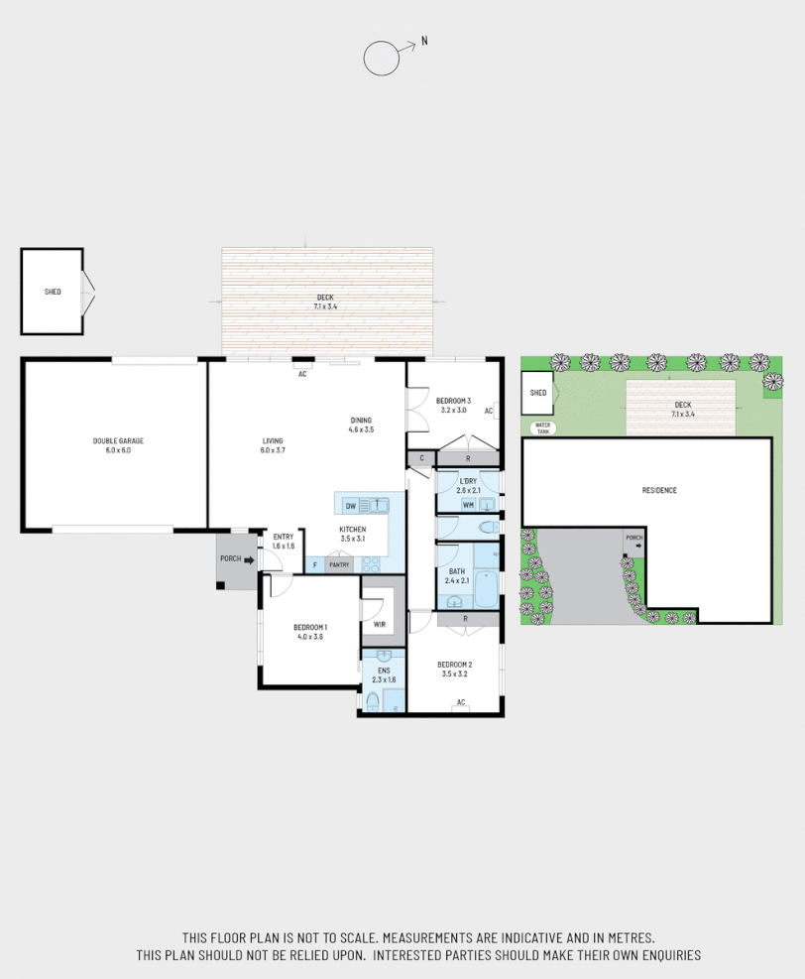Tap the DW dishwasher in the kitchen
[351, 506]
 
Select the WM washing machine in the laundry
[468, 505]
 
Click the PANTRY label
[340, 565]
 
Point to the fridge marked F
[315, 565]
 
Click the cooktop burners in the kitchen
[372, 564]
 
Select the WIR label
[379, 624]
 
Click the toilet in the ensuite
[373, 702]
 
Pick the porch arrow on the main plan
[249, 560]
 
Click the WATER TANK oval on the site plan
[542, 428]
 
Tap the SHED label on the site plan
[538, 393]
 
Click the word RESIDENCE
[659, 490]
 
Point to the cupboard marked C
[422, 458]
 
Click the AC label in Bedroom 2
[461, 703]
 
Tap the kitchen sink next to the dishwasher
[380, 505]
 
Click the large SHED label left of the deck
[53, 292]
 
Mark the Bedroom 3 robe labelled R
[468, 458]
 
